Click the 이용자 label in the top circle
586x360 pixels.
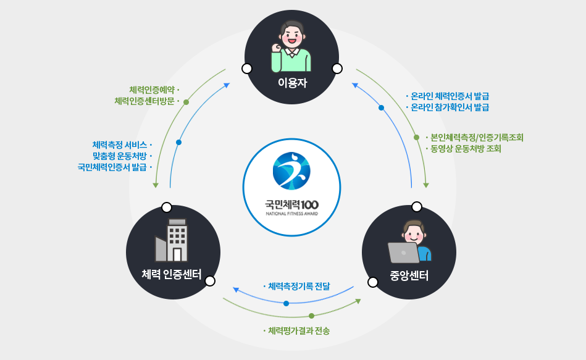coord(292,83)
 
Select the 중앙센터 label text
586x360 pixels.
coord(409,275)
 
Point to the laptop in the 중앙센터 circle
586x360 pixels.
coord(403,253)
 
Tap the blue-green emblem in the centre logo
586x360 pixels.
coord(291,170)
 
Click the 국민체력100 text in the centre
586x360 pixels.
coord(291,203)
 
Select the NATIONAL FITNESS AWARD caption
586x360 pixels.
coord(291,214)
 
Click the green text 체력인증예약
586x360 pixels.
coord(151,89)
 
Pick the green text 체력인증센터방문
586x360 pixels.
coord(144,101)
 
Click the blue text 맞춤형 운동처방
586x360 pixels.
coord(119,156)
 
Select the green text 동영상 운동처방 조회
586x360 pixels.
coord(466,149)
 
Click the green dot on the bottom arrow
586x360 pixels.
coord(311,316)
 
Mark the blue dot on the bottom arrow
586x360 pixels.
coord(286,303)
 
